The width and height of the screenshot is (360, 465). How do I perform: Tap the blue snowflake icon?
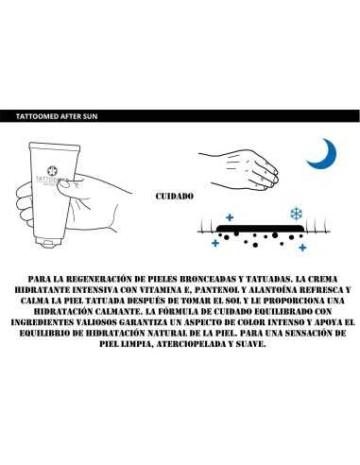[x=297, y=214]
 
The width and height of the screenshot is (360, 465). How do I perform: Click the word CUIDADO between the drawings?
[x=175, y=196]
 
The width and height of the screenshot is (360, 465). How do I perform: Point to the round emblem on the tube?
[x=52, y=171]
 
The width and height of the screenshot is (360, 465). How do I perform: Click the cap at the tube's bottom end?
[x=47, y=242]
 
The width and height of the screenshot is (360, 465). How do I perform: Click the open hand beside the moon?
[x=238, y=169]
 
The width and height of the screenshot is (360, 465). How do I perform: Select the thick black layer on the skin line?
[x=260, y=228]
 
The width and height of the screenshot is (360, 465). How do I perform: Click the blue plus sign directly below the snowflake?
[x=302, y=248]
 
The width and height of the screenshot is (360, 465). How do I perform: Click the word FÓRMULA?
[x=183, y=312]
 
